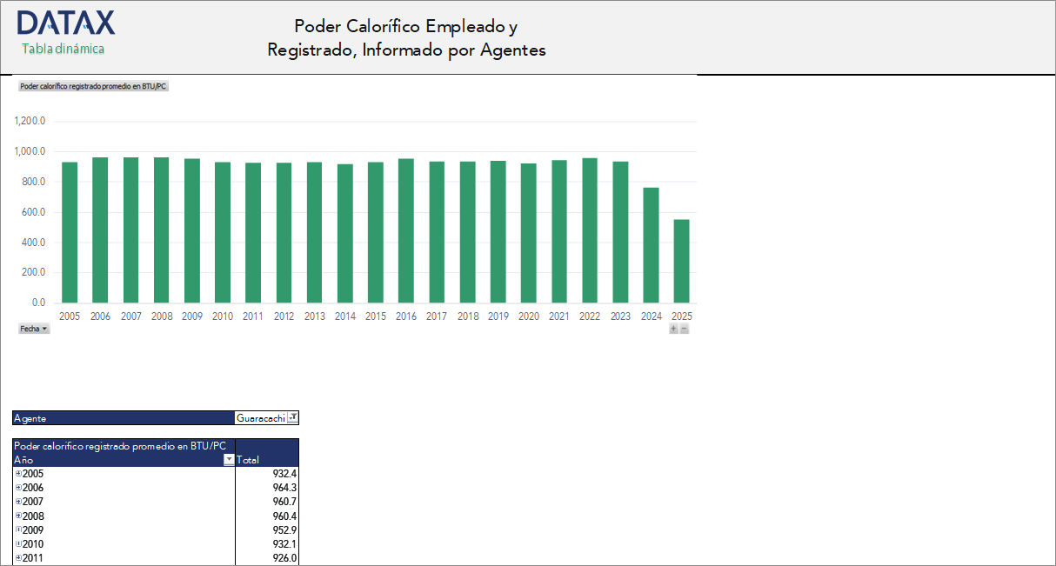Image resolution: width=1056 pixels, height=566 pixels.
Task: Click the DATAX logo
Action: pos(66,23)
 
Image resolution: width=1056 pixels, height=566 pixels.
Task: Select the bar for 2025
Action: pos(681,261)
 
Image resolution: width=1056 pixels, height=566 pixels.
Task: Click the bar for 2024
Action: pos(651,245)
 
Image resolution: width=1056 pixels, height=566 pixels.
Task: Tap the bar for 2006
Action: pos(100,230)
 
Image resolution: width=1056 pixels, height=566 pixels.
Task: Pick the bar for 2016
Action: pos(406,230)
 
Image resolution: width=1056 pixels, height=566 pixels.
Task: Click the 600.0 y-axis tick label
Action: pos(31,212)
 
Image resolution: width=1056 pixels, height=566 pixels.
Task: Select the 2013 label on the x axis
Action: pos(315,316)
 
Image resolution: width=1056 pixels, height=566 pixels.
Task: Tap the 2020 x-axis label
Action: pos(528,316)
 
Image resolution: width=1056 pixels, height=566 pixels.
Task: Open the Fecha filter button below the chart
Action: pos(34,329)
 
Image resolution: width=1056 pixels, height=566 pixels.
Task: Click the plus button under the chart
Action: pos(673,329)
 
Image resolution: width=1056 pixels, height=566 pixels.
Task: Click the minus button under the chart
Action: pos(685,329)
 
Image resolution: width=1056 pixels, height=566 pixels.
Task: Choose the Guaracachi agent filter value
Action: pos(261,418)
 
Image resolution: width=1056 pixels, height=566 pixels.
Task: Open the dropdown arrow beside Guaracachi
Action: pos(293,418)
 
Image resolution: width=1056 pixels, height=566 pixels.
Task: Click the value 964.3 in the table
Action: pos(284,488)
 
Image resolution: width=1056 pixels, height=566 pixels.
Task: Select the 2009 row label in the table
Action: pos(33,529)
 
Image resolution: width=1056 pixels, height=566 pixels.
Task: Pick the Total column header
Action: pos(248,460)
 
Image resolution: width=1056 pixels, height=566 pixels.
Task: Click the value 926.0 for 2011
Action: pos(284,558)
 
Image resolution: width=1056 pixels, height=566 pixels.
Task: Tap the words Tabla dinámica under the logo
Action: pos(63,50)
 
